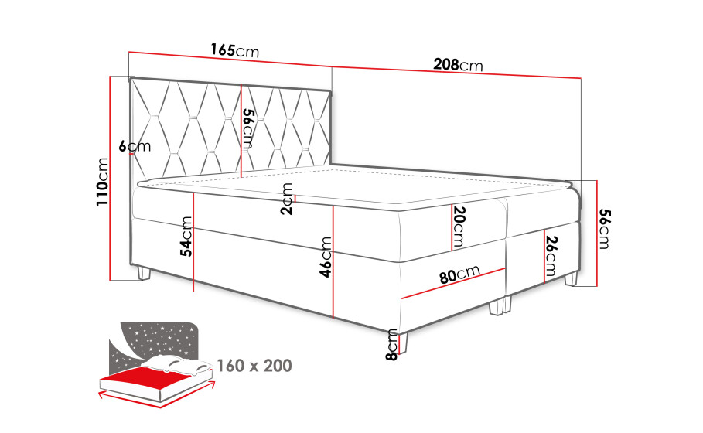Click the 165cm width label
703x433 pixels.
(235, 50)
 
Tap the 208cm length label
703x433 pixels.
(458, 65)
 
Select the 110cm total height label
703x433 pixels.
(103, 182)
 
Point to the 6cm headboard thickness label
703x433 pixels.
(135, 146)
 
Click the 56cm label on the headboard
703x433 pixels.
(248, 129)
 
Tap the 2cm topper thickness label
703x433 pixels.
(286, 199)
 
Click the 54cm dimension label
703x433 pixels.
(186, 237)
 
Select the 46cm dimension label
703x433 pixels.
(326, 257)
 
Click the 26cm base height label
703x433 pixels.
(551, 256)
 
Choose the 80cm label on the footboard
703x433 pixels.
(459, 274)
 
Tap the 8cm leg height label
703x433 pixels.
(391, 345)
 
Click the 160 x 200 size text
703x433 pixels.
(254, 366)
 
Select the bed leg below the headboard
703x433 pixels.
(144, 272)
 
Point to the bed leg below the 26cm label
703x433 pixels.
(572, 279)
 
